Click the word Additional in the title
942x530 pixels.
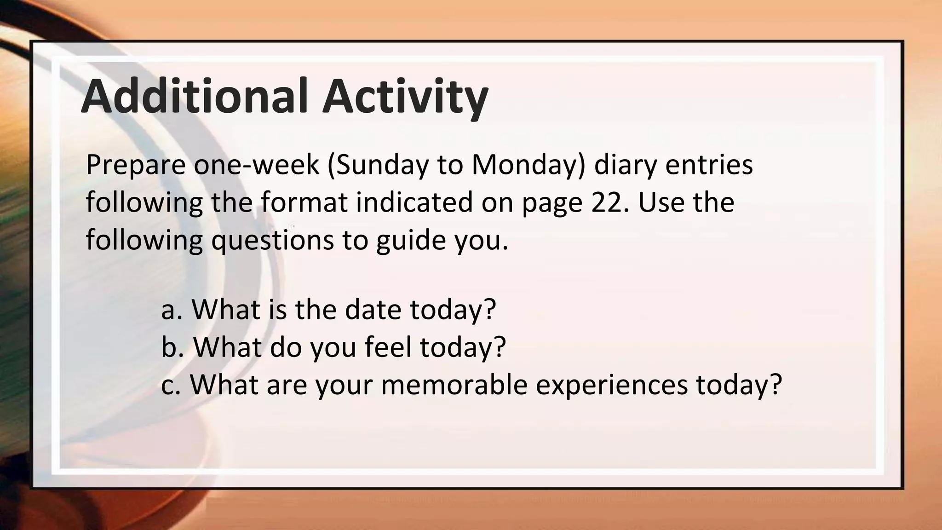(194, 96)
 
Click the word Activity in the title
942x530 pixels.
(405, 97)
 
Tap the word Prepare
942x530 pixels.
(135, 165)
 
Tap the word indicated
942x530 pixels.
(414, 202)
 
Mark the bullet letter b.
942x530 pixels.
(169, 347)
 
